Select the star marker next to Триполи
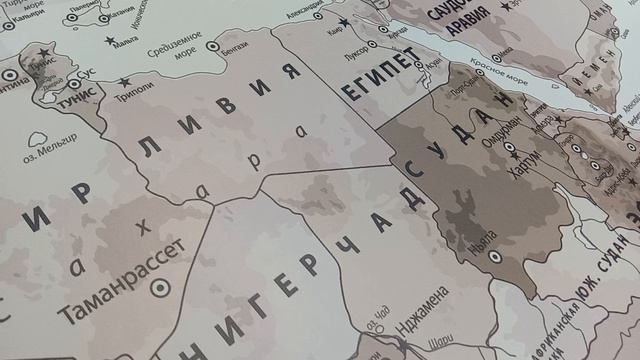coord(125,82)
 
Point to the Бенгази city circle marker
coord(211,46)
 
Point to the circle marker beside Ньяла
coord(492,256)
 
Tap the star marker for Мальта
coord(109,40)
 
